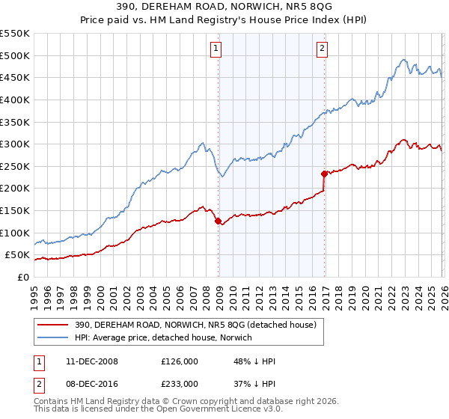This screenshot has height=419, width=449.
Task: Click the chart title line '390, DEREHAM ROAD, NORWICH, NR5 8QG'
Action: point(224,7)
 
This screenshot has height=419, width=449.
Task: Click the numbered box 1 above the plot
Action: point(216,49)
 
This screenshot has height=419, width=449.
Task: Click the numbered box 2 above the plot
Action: point(322,49)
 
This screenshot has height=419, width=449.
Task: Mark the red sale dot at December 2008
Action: point(218,221)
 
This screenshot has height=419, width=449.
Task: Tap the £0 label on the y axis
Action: point(22,277)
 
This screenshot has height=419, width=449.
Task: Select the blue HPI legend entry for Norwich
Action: point(163,337)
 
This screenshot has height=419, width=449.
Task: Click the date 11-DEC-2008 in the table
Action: point(91,361)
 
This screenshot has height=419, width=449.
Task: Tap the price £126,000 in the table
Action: point(180,361)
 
